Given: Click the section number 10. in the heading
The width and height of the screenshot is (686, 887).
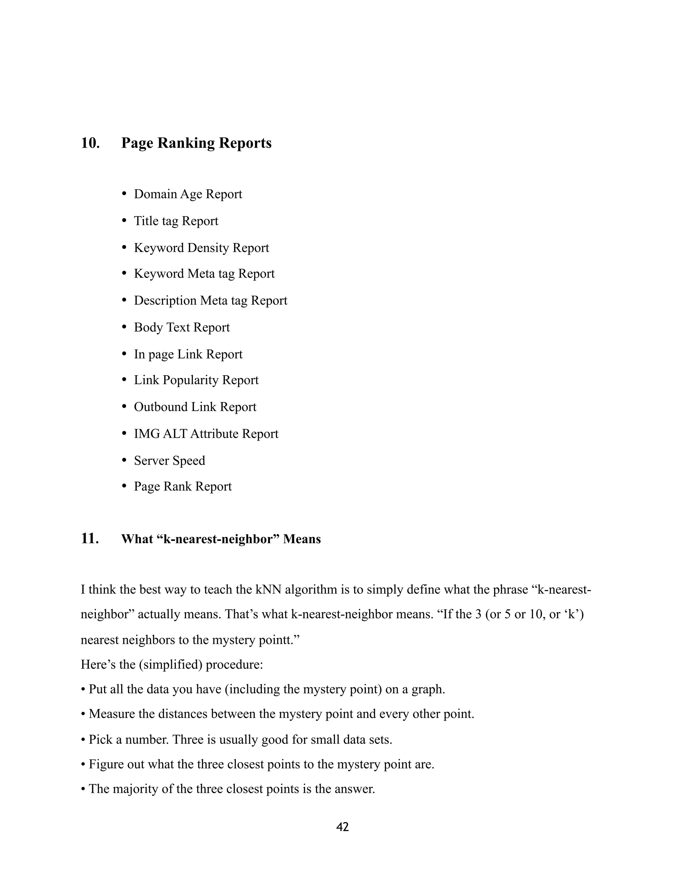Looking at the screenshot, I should pos(90,143).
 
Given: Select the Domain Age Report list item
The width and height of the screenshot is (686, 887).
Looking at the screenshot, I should pos(188,194).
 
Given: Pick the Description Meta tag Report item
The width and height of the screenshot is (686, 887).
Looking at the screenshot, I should pos(210,301).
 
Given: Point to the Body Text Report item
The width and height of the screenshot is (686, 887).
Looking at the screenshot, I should pos(182,327).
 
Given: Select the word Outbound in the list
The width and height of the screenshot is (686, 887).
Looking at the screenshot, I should pos(161,407).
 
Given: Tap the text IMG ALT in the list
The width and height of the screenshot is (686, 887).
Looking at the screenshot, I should pos(160,434).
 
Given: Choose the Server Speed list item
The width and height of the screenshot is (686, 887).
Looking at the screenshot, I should pos(169,461).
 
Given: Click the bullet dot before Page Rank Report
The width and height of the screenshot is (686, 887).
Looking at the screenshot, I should pos(125,487).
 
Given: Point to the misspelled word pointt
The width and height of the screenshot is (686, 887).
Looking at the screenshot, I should pos(275,640).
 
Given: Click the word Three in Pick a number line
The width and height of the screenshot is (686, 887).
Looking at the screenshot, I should pos(188,740).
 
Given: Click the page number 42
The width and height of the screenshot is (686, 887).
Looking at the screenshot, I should pos(343,827).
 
